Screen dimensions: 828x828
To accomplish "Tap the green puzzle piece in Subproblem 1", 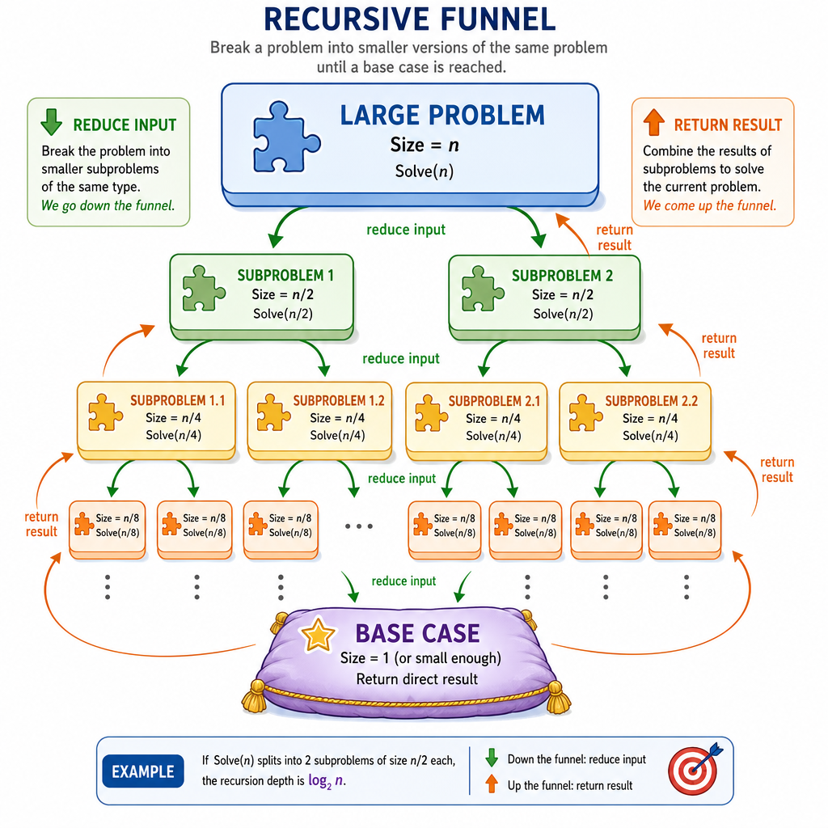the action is [x=203, y=289].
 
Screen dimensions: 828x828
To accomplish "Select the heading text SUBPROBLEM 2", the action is [x=562, y=276].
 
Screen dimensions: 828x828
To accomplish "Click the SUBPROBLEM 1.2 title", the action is [x=339, y=401].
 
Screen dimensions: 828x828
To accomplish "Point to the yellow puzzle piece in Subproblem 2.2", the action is [x=585, y=412].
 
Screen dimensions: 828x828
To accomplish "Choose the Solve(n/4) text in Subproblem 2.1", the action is [x=493, y=436].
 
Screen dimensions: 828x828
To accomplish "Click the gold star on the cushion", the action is [x=317, y=634].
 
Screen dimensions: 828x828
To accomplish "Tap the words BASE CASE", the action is [x=417, y=633].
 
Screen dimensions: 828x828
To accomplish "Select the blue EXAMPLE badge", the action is [x=143, y=771].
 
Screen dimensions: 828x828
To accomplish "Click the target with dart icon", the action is [x=695, y=769].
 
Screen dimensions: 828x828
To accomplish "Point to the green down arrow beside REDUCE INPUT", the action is [x=51, y=121].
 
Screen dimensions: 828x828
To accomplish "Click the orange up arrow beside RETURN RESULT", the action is [x=653, y=122].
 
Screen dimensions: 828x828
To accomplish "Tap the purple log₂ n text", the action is [x=327, y=781].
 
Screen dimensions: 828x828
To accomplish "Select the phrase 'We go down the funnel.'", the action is [x=108, y=205].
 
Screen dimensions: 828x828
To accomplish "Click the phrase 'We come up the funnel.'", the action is [x=710, y=205].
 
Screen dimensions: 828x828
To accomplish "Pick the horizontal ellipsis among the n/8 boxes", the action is [x=359, y=526].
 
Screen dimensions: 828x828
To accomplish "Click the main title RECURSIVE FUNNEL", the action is [x=410, y=19].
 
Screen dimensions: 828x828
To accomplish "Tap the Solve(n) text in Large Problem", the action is [x=425, y=171].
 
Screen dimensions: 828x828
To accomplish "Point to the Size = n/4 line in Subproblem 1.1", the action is [x=173, y=418].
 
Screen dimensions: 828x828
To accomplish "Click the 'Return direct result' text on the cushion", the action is [x=416, y=679].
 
